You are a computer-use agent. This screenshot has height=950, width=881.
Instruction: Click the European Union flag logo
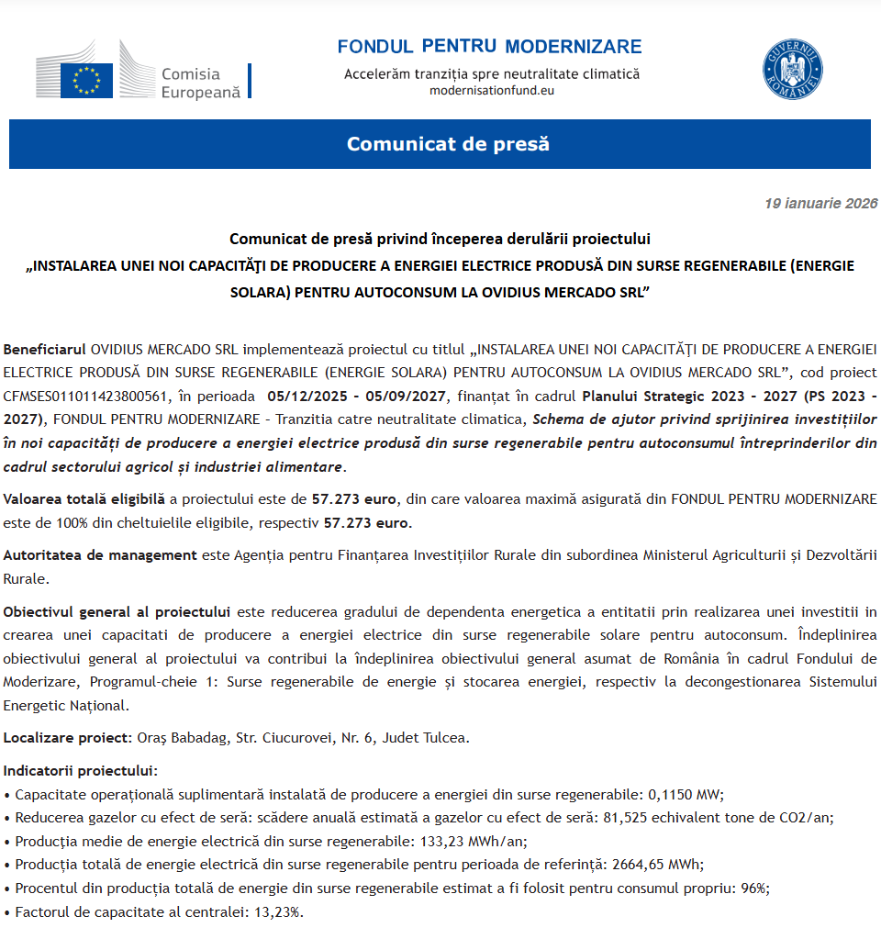point(86,80)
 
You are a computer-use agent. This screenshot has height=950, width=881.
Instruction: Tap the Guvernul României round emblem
point(792,70)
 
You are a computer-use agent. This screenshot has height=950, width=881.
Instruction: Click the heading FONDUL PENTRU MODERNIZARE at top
point(489,47)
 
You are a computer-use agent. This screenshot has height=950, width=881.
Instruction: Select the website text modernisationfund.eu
point(492,90)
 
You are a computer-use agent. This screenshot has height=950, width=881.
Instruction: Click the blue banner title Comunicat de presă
point(448,144)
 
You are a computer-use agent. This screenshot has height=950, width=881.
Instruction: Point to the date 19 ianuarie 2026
point(820,204)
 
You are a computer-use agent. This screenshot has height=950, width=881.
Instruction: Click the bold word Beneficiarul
point(45,350)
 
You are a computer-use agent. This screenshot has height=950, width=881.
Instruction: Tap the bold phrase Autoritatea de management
point(100,554)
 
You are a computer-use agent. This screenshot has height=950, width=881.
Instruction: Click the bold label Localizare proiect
point(67,737)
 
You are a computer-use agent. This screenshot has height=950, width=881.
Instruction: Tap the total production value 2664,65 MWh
point(657,865)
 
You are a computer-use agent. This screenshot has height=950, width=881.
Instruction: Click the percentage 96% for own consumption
point(754,889)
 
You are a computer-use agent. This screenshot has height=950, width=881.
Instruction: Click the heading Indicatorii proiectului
point(81,771)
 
